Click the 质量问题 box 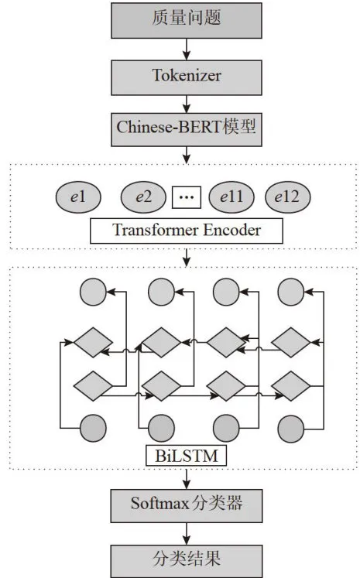187,20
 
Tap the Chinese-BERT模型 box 187,129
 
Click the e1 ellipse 78,197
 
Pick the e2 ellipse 143,197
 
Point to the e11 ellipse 231,197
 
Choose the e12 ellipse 288,197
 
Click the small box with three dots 187,197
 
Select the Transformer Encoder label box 187,231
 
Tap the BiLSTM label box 187,456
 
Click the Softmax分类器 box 187,506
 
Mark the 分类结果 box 187,561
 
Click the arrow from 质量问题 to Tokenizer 187,49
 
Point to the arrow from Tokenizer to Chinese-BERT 187,104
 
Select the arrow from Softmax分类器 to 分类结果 187,534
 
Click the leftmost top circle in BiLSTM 94,292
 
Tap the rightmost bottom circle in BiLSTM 291,429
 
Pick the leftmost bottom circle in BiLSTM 94,429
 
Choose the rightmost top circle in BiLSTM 291,292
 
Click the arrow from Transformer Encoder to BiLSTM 187,258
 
